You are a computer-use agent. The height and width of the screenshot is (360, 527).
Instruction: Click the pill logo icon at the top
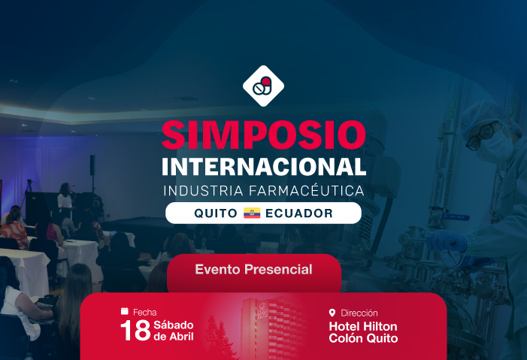click(x=263, y=86)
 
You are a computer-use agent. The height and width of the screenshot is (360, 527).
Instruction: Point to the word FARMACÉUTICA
click(x=307, y=191)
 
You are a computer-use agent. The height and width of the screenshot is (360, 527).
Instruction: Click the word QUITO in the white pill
click(x=215, y=213)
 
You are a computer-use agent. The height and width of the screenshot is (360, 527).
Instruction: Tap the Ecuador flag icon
click(x=251, y=213)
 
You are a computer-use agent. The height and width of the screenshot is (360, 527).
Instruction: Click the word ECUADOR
click(x=298, y=213)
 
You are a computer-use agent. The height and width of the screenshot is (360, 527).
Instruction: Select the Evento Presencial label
click(x=253, y=269)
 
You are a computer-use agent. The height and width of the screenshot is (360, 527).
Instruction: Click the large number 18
click(x=135, y=331)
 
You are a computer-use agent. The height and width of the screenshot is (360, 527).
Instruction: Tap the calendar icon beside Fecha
click(x=124, y=311)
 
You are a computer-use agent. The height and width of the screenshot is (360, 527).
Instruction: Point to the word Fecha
click(x=145, y=311)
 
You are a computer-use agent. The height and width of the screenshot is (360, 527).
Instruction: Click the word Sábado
click(x=174, y=325)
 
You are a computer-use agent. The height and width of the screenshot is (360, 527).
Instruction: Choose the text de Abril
click(x=173, y=337)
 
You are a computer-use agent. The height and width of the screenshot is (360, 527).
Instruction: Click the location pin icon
click(x=332, y=313)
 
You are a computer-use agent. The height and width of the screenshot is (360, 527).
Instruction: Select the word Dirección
click(x=359, y=313)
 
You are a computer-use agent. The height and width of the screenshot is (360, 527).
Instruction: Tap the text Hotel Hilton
click(x=363, y=327)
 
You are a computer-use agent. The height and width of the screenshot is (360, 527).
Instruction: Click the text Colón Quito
click(x=363, y=339)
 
